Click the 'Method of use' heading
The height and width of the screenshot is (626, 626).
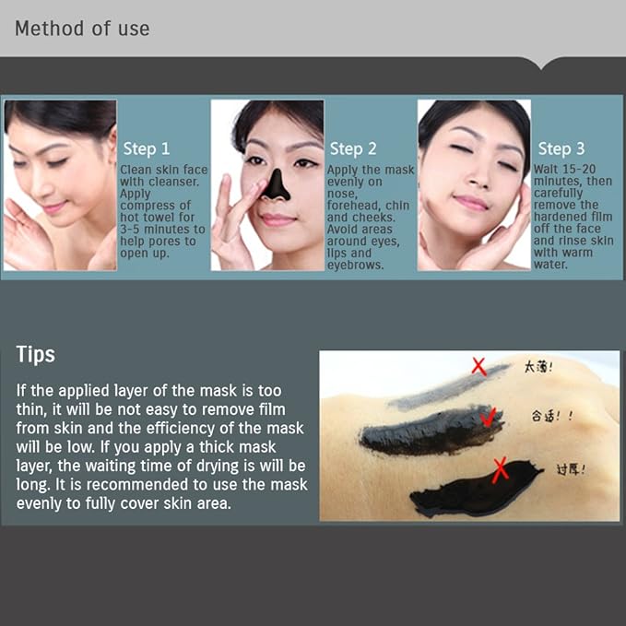(82, 28)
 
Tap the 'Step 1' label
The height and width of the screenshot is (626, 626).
(147, 148)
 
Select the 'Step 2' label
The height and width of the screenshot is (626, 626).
(353, 148)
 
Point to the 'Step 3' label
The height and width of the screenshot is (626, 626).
(561, 148)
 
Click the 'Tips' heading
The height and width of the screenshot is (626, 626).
(36, 354)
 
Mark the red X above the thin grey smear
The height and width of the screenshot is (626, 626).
(479, 366)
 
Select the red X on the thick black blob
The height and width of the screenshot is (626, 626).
(500, 471)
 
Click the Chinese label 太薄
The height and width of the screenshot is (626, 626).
(537, 367)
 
